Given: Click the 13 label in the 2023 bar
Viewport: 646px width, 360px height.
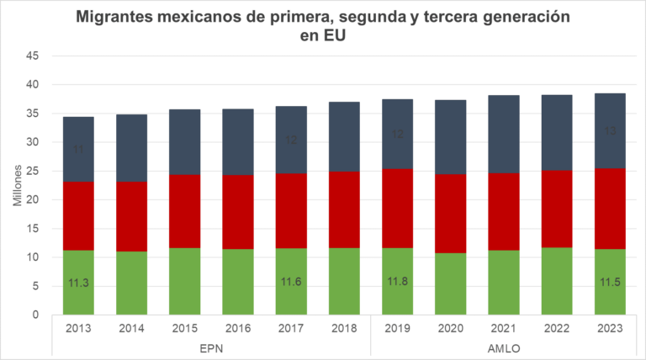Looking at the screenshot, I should (x=608, y=131).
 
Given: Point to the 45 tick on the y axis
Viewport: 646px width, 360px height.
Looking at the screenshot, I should (x=34, y=56).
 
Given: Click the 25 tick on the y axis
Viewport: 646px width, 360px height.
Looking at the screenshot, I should (x=34, y=172).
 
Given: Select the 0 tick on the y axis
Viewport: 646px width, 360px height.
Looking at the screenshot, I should (x=37, y=315).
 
